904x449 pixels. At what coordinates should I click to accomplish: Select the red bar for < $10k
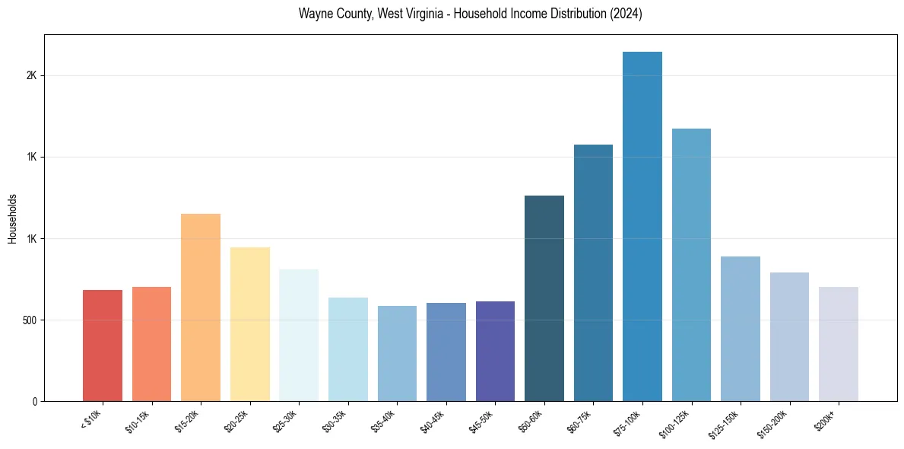coord(103,346)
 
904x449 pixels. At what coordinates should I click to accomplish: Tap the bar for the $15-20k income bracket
coord(201,307)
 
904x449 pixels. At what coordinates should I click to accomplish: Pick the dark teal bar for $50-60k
coord(544,298)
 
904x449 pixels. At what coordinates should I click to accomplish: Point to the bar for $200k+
coord(839,344)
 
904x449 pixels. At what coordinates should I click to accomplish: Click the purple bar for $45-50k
coord(495,351)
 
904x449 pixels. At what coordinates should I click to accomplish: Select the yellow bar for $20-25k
coord(250,324)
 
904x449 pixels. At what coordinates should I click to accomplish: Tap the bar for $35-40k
coord(397,353)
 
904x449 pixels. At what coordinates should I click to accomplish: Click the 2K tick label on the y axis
coord(31,76)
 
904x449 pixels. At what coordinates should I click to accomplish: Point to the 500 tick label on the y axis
coord(28,320)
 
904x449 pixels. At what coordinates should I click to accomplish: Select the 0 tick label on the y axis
coord(35,401)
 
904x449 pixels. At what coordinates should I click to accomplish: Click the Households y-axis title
coord(12,218)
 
